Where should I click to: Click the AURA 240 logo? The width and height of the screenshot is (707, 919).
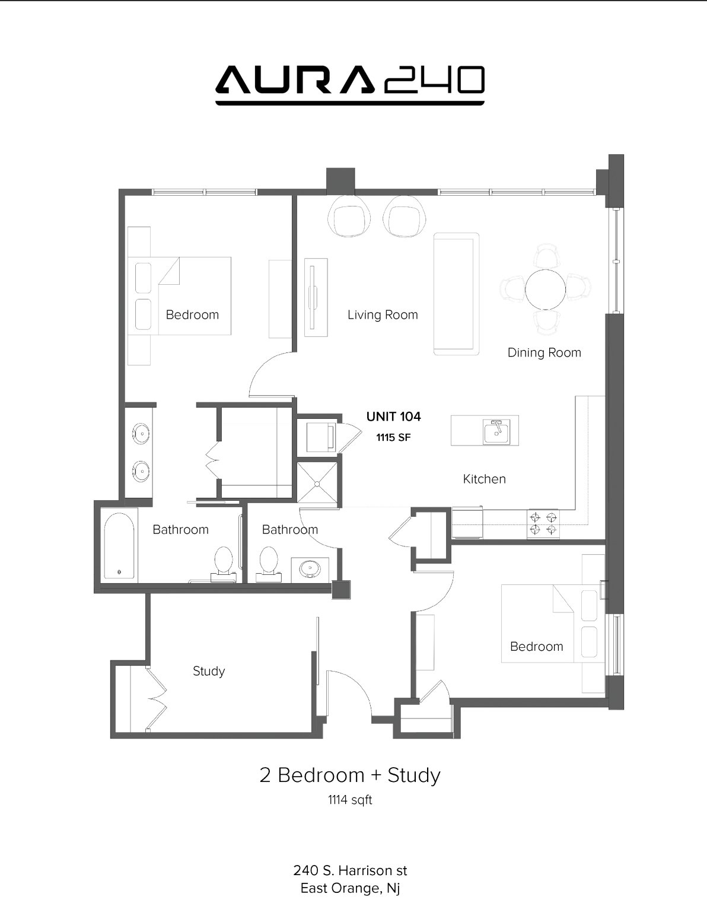(350, 84)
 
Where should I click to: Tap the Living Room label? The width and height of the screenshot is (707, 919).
(383, 314)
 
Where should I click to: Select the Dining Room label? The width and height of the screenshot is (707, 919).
(544, 352)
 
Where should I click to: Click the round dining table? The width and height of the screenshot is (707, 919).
(545, 290)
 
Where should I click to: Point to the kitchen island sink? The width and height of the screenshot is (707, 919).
(496, 432)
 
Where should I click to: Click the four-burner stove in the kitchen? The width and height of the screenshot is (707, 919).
(543, 523)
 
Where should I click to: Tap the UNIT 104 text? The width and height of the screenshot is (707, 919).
(393, 416)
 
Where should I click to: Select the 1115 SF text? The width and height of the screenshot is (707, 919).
(393, 437)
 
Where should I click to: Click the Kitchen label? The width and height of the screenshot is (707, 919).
(485, 479)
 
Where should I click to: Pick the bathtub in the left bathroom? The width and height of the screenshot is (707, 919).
(119, 546)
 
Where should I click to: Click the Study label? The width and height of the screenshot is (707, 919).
(209, 671)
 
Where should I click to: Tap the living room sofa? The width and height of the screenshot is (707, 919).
(456, 294)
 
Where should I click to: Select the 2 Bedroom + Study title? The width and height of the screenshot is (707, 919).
(350, 775)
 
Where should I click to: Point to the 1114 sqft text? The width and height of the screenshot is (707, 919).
(350, 800)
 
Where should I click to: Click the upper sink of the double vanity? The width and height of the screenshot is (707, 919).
(141, 434)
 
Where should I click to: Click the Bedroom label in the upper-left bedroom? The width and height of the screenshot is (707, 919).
(192, 314)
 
